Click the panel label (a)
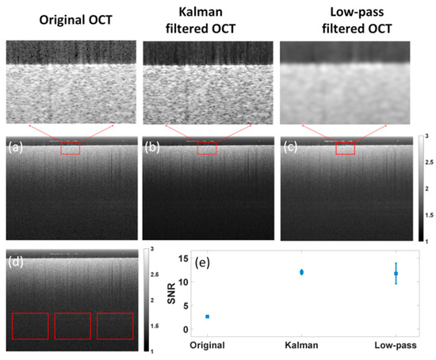click(x=16, y=147)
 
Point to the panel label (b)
click(x=153, y=147)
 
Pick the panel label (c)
click(x=291, y=147)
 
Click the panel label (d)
click(x=16, y=259)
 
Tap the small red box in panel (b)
click(x=206, y=148)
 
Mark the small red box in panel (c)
click(x=345, y=147)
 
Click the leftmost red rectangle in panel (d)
click(x=30, y=326)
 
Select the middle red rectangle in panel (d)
click(x=73, y=326)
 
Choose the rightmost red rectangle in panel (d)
click(x=115, y=326)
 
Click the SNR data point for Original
click(x=208, y=316)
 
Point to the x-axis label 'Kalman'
click(x=301, y=346)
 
